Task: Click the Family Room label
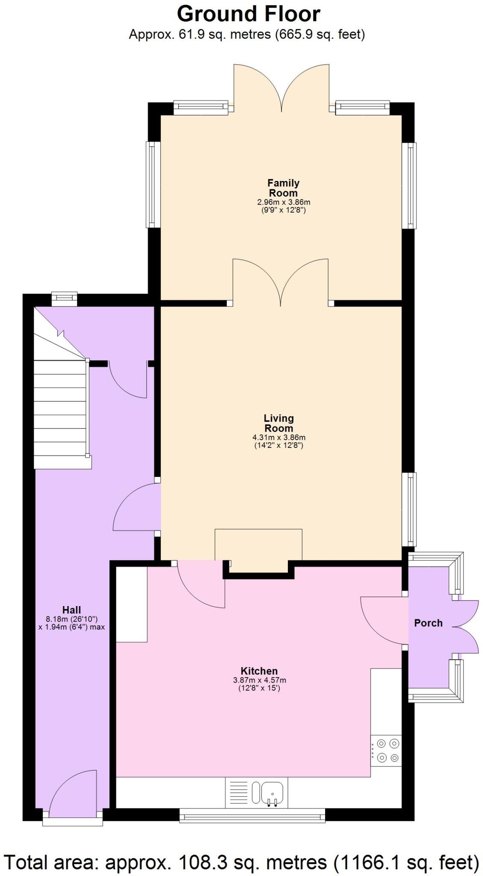(x=283, y=188)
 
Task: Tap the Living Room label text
(x=279, y=423)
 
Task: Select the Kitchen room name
(x=259, y=671)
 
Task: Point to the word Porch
(x=428, y=623)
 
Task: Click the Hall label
(x=71, y=610)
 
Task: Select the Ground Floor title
(x=248, y=14)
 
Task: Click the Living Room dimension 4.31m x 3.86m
(x=279, y=437)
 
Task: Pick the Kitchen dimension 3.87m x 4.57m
(x=259, y=680)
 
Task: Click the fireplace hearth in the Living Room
(x=258, y=544)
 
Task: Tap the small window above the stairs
(x=64, y=298)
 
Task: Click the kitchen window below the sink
(x=252, y=815)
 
